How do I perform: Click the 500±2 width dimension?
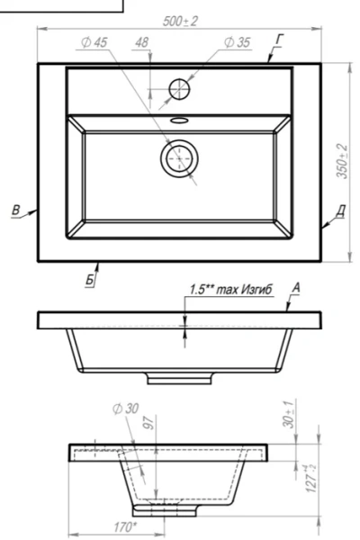click(180, 22)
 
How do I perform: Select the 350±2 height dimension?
click(342, 161)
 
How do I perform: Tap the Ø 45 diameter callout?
click(94, 42)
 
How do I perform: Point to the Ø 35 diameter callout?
click(237, 42)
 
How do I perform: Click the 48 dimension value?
click(141, 42)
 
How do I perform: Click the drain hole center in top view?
click(179, 158)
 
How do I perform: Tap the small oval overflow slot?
click(179, 121)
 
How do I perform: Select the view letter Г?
click(279, 40)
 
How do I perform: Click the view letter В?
click(16, 210)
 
